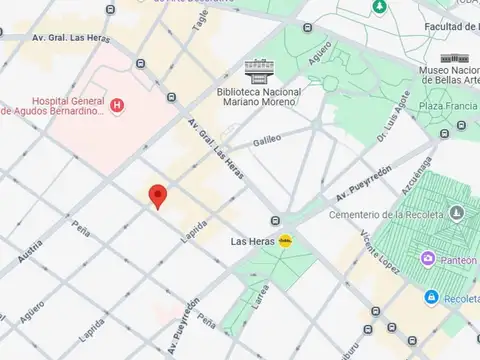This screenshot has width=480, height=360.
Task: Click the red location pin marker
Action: pyautogui.click(x=157, y=195)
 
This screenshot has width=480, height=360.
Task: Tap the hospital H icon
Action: pyautogui.click(x=118, y=105)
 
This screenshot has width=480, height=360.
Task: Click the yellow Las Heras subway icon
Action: pyautogui.click(x=286, y=240)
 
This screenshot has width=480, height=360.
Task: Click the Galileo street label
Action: pyautogui.click(x=267, y=141)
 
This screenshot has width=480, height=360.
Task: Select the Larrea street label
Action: pyautogui.click(x=261, y=296)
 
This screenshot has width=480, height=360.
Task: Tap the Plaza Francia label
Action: pyautogui.click(x=445, y=107)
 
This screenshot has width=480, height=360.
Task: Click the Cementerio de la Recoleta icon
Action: pyautogui.click(x=456, y=212)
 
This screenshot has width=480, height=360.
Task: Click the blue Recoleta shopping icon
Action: pyautogui.click(x=431, y=296)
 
